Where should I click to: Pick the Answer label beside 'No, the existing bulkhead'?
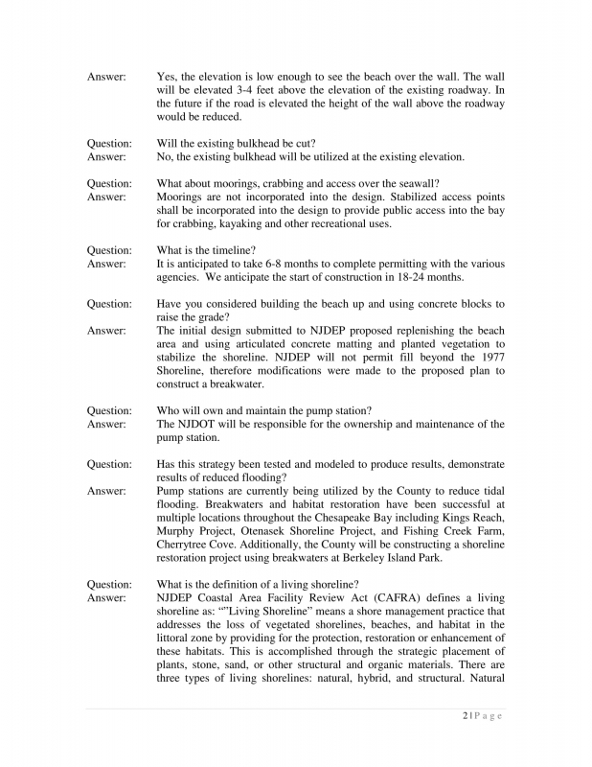click(x=106, y=157)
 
